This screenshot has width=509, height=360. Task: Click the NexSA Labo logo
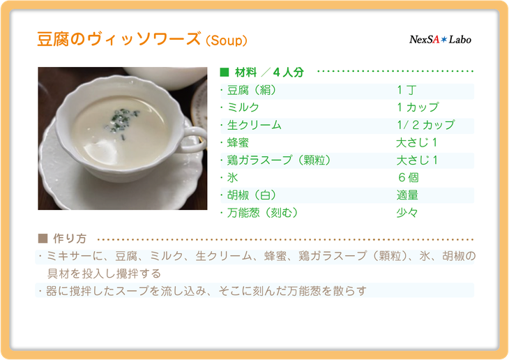click(x=440, y=40)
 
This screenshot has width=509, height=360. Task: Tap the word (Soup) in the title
click(x=227, y=40)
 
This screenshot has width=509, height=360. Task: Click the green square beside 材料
click(x=225, y=72)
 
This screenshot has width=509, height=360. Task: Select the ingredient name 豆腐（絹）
click(x=251, y=90)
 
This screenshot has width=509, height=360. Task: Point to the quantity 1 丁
click(x=407, y=90)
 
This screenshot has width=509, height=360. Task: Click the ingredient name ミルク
click(x=243, y=107)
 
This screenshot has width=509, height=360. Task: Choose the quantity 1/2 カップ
click(x=425, y=125)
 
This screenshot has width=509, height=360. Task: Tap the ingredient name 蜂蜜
click(x=238, y=142)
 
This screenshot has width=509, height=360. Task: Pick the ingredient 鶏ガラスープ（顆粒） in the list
click(x=278, y=160)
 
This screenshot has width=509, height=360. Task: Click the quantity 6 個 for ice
click(x=408, y=178)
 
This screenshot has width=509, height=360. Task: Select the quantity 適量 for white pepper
click(x=407, y=195)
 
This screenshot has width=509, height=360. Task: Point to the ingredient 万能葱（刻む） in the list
click(x=262, y=213)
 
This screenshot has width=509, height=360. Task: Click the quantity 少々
click(x=407, y=213)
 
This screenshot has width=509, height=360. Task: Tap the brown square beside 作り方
click(x=43, y=239)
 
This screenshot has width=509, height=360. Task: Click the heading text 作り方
click(x=70, y=239)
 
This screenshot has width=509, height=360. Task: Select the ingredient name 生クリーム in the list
click(x=254, y=125)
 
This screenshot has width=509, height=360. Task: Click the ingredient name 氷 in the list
click(x=232, y=178)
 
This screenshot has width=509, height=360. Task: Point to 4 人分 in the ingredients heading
click(x=288, y=72)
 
